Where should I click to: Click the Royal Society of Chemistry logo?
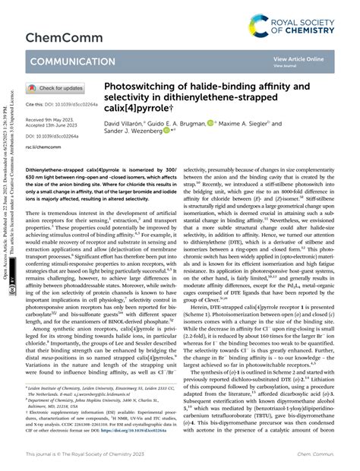pyautogui.click(x=302, y=24)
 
